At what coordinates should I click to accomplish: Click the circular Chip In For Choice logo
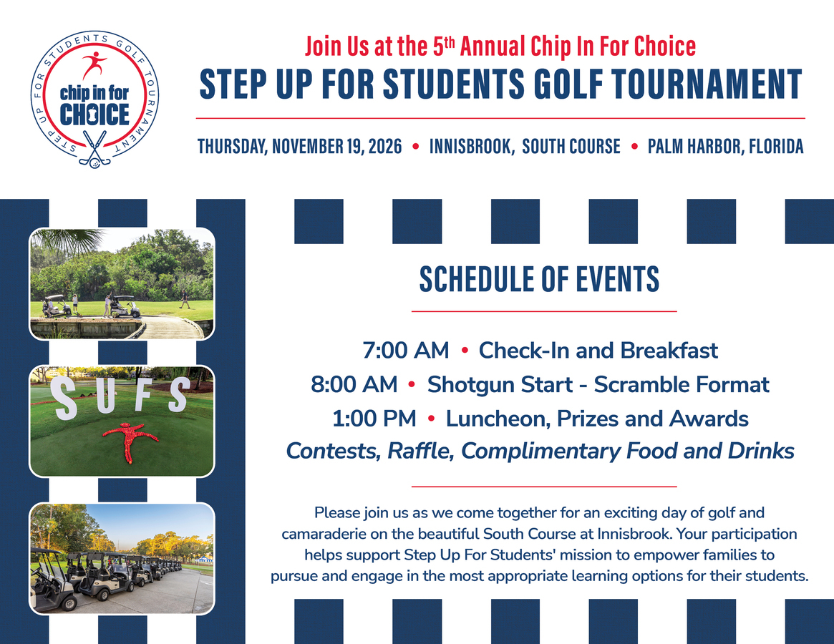point(94,99)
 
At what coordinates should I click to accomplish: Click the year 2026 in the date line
point(385,146)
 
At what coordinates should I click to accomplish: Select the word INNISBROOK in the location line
point(472,147)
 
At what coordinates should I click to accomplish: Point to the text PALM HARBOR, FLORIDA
point(725,147)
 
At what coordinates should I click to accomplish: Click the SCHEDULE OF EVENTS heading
point(539,279)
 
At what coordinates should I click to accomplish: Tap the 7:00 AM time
point(406,351)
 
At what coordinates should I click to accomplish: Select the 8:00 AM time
point(354,384)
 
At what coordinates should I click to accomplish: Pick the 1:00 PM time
point(374,419)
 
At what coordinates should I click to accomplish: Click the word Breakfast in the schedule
point(669,351)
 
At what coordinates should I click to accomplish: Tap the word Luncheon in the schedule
point(498,419)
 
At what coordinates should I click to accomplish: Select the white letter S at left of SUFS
point(65,399)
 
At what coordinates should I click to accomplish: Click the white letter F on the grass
point(145,393)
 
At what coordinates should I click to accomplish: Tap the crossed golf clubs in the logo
point(94,149)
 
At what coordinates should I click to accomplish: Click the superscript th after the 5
point(450,42)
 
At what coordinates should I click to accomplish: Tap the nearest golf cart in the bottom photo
point(53,582)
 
